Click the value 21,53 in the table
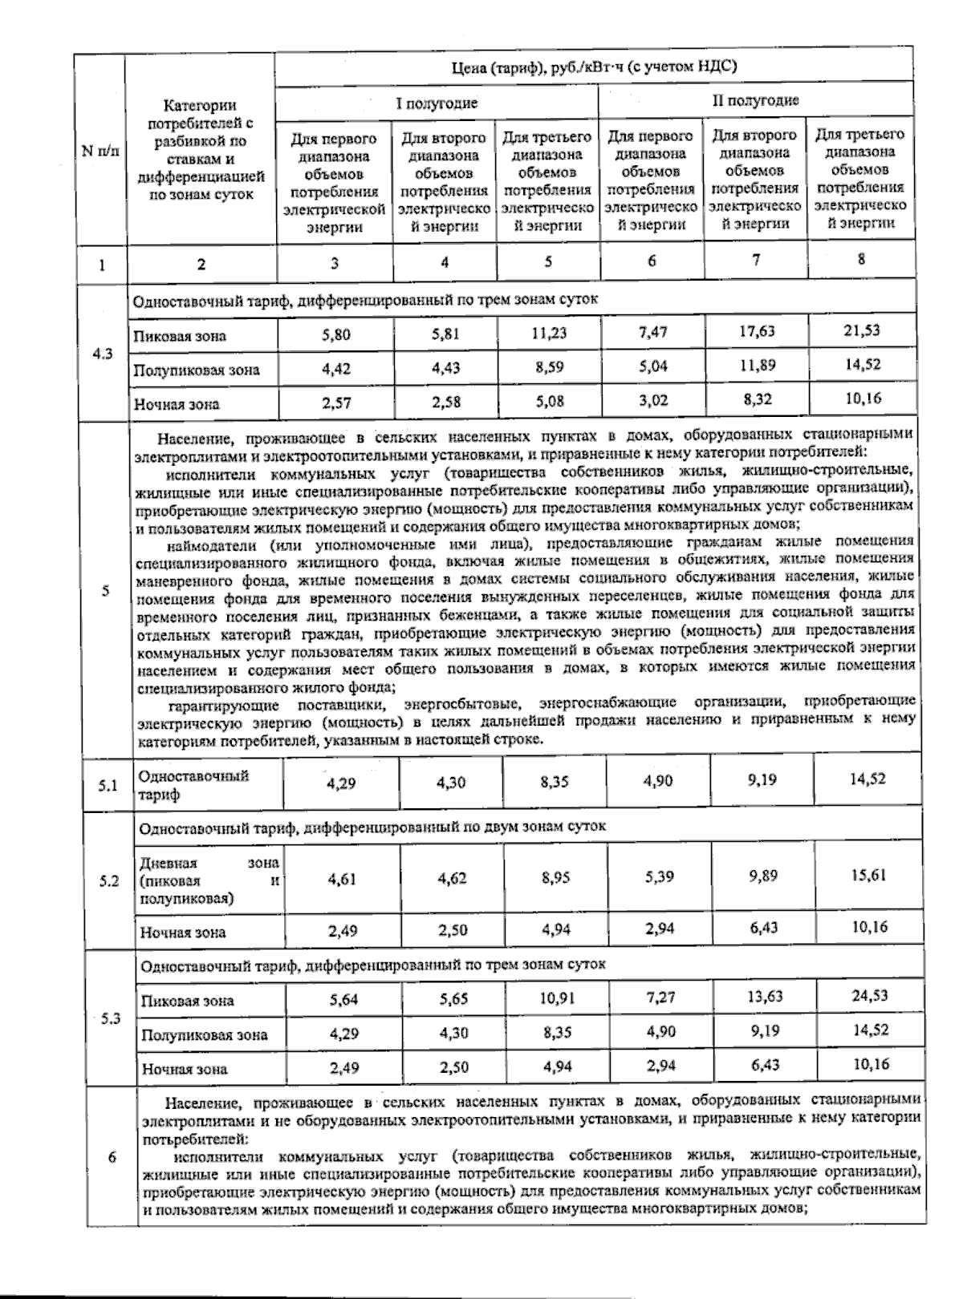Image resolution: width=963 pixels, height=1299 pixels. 862,330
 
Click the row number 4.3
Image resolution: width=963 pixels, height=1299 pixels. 101,354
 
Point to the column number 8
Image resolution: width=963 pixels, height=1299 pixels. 861,259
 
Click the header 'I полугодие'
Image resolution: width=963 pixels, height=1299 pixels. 437,103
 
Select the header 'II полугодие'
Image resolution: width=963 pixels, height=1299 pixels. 755,100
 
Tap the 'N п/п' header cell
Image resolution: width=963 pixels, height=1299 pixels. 101,151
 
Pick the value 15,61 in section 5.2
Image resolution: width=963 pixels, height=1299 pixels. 868,875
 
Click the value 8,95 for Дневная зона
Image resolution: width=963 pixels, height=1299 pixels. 555,878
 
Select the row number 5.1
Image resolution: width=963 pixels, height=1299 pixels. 108,786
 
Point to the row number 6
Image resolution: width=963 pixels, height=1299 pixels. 111,1157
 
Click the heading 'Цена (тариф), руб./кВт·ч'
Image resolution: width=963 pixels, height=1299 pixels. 594,67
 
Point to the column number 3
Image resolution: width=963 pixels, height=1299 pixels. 334,262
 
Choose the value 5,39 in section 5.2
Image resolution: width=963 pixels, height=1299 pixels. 660,877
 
